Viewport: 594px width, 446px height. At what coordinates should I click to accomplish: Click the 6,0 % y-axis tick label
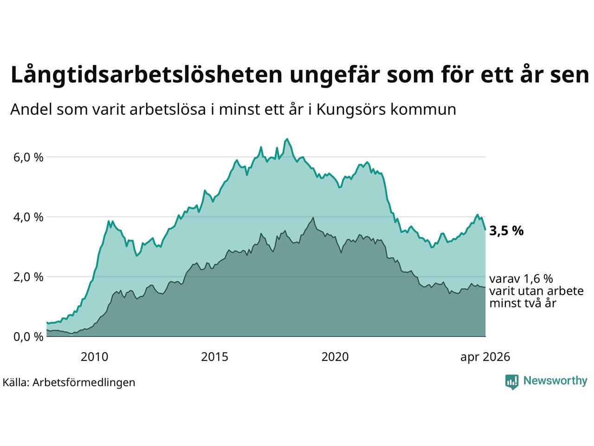[28, 157]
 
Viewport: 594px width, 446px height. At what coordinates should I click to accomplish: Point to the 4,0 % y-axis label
[28, 217]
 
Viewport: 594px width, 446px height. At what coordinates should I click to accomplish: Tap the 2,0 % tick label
[28, 277]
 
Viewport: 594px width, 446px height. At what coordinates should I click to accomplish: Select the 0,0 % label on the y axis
[28, 337]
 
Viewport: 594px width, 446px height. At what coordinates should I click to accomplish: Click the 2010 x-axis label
[95, 357]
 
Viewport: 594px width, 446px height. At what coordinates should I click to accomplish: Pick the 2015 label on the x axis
[214, 357]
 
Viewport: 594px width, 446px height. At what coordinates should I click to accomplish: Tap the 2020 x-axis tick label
[335, 357]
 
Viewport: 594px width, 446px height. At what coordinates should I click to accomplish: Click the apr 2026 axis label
[485, 357]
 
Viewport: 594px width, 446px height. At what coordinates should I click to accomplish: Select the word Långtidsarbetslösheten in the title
[146, 75]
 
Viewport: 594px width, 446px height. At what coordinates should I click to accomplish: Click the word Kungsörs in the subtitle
[351, 110]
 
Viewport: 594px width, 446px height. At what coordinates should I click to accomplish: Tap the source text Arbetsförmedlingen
[84, 382]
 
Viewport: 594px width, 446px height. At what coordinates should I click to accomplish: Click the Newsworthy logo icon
[512, 382]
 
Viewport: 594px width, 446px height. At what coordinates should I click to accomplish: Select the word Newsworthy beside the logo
[555, 381]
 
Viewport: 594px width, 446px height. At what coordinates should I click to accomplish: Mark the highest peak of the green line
[287, 139]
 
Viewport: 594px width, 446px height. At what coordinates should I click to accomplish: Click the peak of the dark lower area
[313, 217]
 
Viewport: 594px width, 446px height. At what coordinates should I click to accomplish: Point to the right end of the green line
[485, 230]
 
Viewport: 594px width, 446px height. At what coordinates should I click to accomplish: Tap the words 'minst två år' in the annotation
[523, 303]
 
